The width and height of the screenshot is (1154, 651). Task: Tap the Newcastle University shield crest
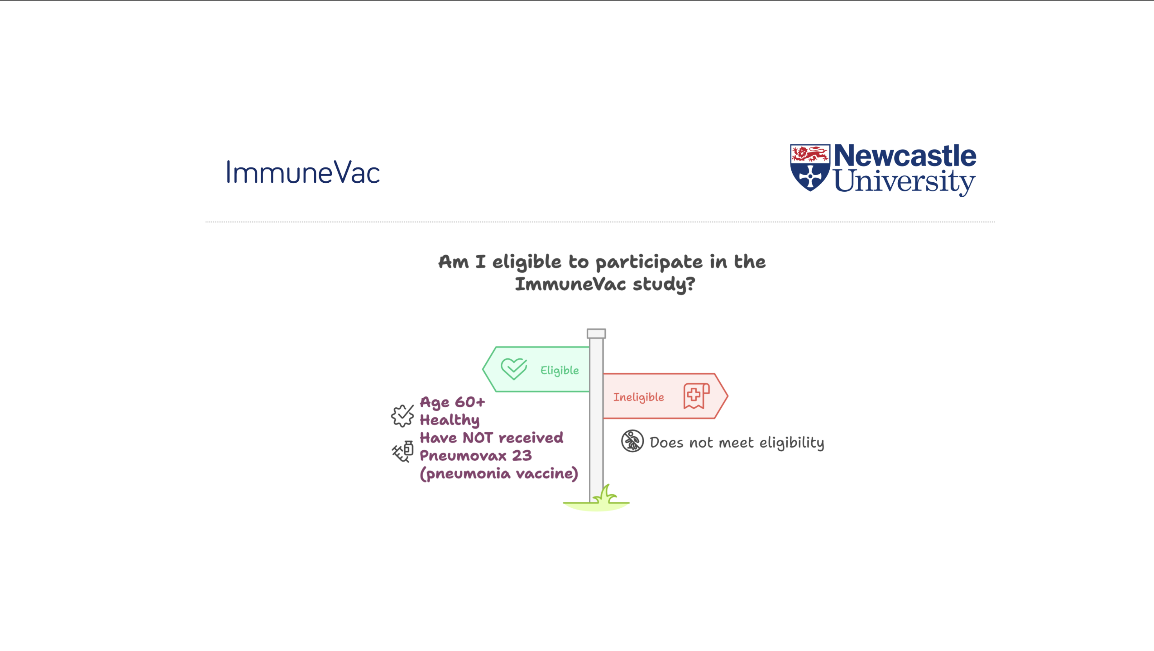pos(810,167)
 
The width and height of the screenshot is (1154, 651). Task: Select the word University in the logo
pos(904,182)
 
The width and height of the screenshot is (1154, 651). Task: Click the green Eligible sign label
pos(559,370)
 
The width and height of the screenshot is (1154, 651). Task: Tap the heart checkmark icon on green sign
pos(514,369)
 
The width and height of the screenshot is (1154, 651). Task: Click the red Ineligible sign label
pos(638,397)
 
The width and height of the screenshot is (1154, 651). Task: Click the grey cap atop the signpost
pos(596,333)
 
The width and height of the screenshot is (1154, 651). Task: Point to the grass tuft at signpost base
pos(604,495)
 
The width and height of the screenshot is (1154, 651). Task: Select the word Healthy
pos(449,420)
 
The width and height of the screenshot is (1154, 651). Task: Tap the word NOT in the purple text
pos(478,438)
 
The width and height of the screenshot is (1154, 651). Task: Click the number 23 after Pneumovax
pos(522,456)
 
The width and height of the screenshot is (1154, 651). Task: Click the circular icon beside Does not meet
pos(632,441)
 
